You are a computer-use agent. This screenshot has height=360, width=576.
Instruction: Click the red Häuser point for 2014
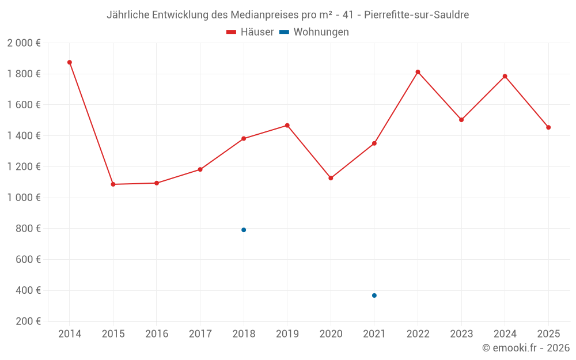[70, 62]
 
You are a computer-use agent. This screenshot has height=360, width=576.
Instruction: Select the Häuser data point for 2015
[113, 184]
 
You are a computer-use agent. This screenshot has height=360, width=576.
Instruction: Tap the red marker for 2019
[287, 126]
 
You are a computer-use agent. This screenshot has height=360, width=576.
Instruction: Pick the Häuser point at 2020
[331, 178]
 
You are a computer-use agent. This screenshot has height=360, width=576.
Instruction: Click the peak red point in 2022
[418, 72]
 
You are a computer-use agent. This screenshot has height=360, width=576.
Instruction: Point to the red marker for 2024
[505, 76]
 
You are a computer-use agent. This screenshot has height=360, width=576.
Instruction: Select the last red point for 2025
[548, 127]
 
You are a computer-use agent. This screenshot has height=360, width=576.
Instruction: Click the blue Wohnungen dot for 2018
[244, 230]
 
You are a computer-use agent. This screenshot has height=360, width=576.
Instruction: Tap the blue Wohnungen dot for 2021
[374, 295]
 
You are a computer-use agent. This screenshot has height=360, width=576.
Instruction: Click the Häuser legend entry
[250, 32]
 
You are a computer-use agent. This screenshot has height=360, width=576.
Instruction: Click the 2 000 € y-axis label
[24, 43]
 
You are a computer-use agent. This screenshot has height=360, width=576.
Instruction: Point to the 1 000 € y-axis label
[24, 198]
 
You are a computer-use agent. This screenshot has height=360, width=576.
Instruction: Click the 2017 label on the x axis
[200, 334]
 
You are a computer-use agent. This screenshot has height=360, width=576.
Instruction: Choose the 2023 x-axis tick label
[461, 334]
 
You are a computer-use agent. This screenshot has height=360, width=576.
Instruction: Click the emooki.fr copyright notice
[526, 348]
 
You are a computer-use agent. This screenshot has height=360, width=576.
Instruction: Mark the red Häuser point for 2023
[461, 120]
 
